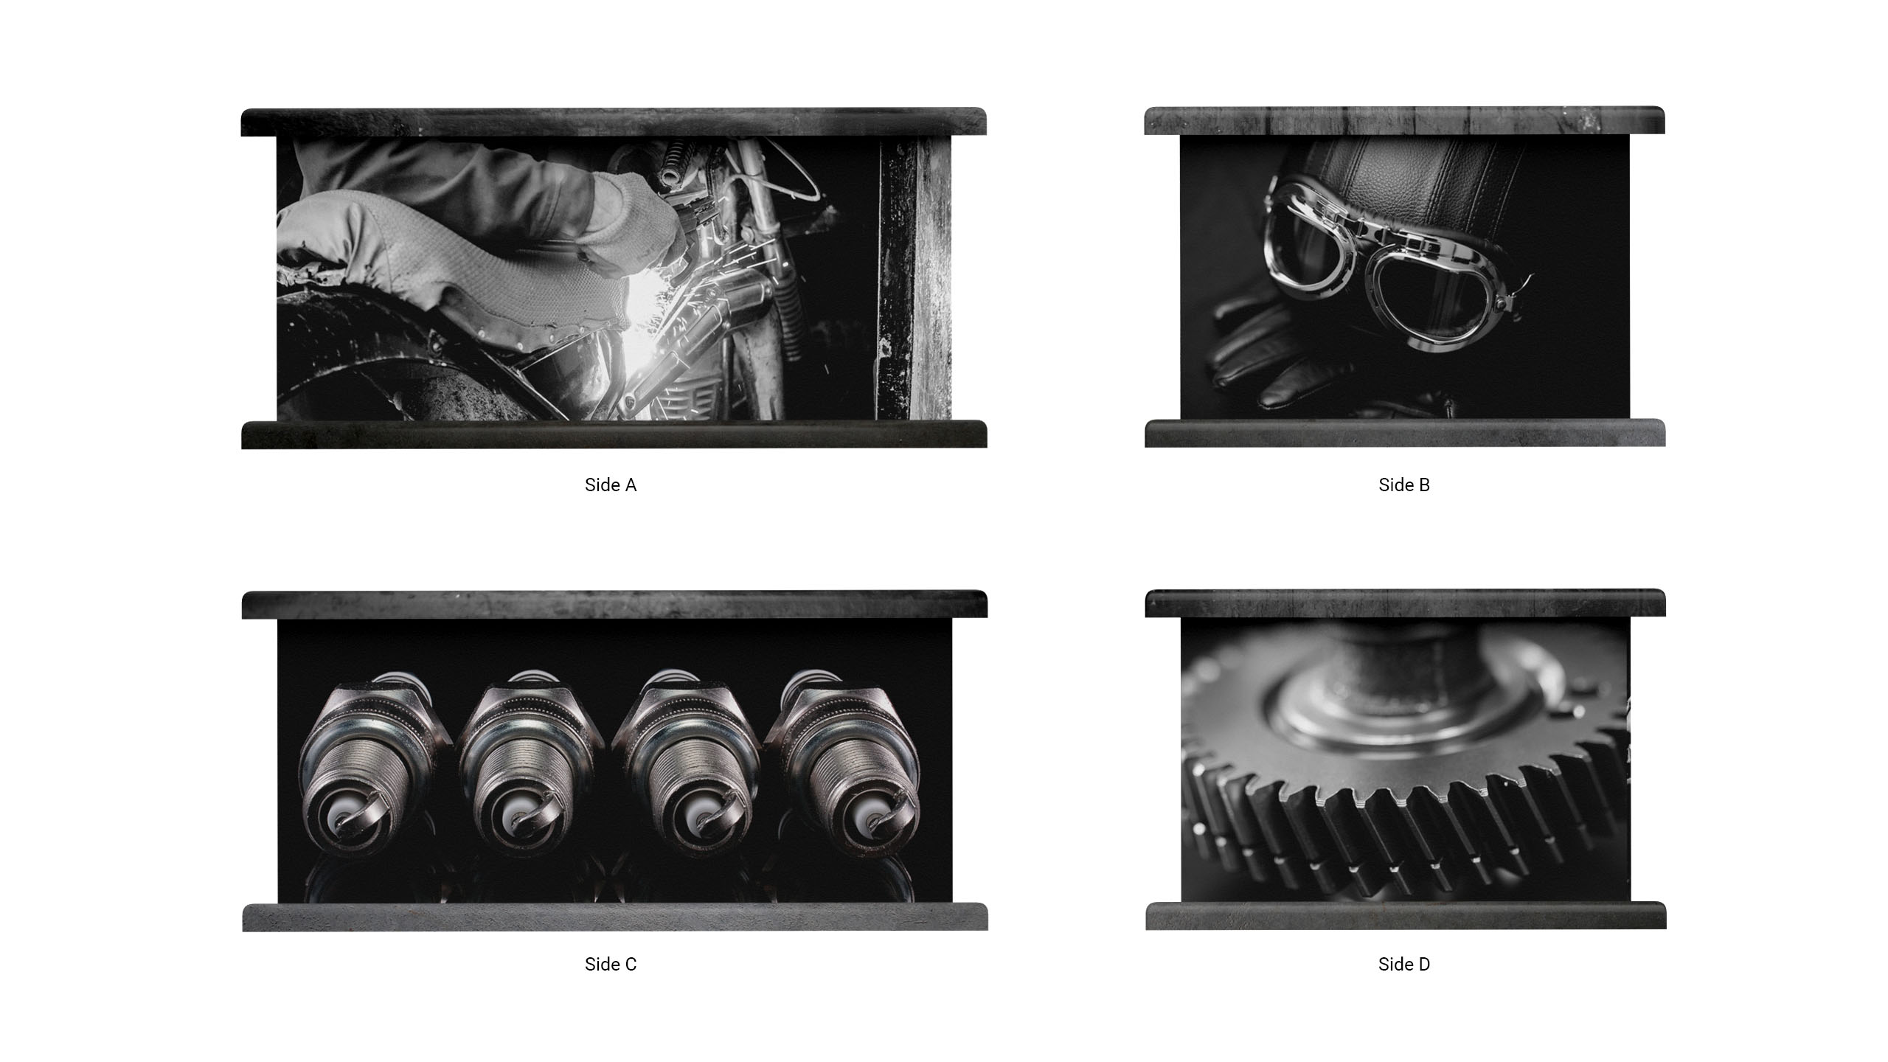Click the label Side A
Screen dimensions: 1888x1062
click(610, 485)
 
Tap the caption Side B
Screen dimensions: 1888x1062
click(1404, 485)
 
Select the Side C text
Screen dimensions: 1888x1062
click(610, 964)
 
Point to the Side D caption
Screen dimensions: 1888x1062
click(1404, 964)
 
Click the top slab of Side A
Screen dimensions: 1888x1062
click(614, 122)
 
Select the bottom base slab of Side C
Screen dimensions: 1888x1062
click(614, 917)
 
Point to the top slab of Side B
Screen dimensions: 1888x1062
click(1404, 120)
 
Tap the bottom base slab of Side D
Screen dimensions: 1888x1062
click(1405, 915)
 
